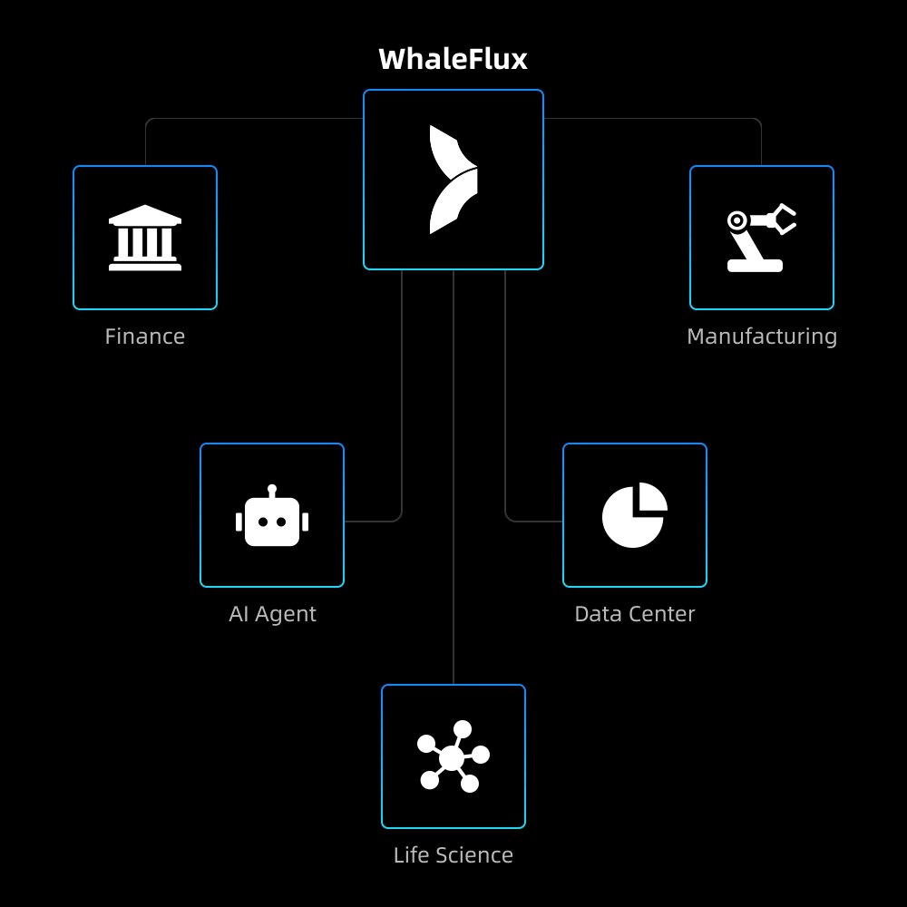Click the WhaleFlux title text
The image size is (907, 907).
(453, 59)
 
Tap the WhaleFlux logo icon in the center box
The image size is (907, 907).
(453, 180)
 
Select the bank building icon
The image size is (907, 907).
(145, 238)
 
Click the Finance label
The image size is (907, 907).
(145, 336)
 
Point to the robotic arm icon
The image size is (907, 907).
(760, 238)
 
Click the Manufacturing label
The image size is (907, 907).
(762, 336)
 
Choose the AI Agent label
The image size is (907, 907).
(272, 614)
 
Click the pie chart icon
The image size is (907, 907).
(634, 515)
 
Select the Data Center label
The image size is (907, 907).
(635, 614)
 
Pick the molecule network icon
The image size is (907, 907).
(453, 756)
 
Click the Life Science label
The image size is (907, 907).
(453, 855)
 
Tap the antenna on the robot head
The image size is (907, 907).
(272, 490)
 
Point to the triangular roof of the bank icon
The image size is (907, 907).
(145, 215)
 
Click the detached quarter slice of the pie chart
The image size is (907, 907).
(652, 496)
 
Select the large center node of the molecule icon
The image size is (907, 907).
(452, 758)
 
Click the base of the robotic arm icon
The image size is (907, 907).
(755, 266)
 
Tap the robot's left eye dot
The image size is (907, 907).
(263, 522)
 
